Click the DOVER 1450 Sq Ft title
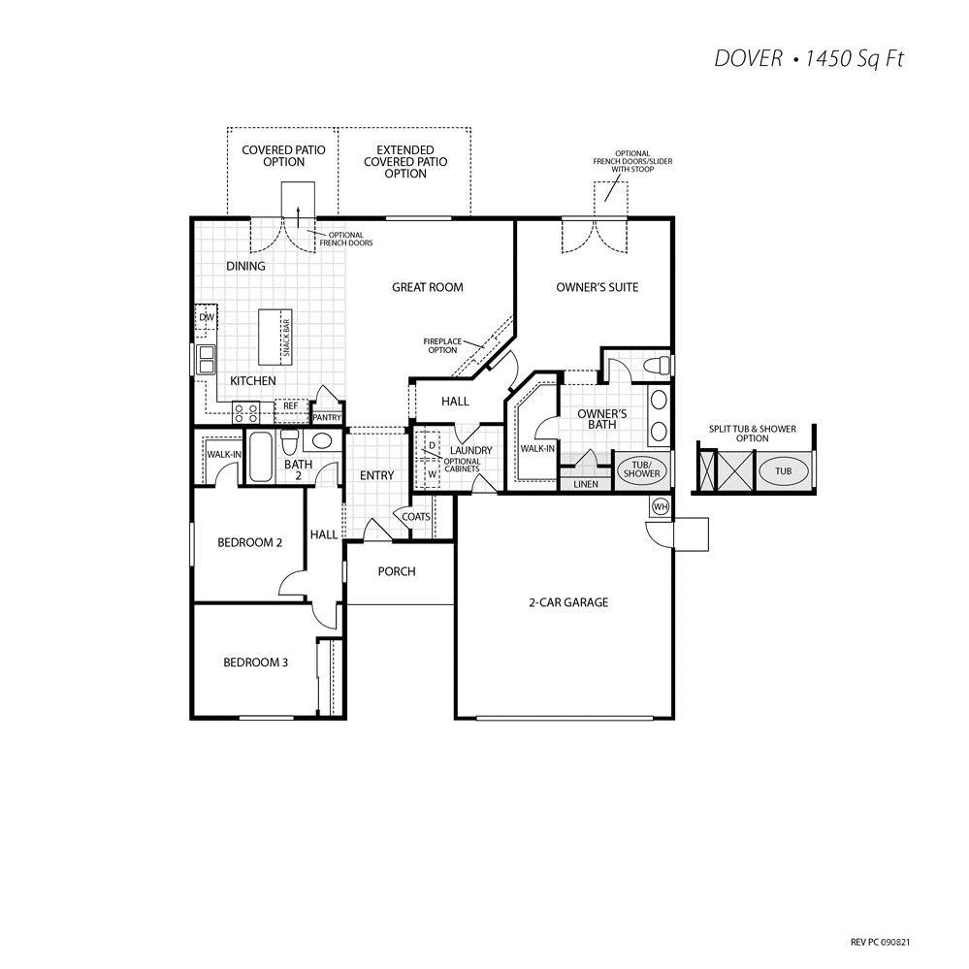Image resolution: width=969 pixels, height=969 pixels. point(809,59)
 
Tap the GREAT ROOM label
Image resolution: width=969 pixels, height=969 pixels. point(427,287)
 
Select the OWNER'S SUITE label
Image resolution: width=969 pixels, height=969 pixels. point(597,287)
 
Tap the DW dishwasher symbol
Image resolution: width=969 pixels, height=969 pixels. point(207,317)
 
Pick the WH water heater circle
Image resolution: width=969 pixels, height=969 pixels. point(661,506)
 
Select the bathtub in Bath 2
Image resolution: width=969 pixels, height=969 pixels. point(261,457)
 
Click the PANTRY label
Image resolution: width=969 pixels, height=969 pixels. point(326,418)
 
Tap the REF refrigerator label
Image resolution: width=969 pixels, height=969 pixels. point(290,406)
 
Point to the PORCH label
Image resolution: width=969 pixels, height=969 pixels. point(397,571)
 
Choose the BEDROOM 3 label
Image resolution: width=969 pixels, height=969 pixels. point(254,662)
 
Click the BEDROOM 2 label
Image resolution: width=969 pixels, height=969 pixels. point(249,542)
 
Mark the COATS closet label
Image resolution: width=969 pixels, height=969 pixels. point(416,517)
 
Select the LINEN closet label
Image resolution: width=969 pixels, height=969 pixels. point(586,483)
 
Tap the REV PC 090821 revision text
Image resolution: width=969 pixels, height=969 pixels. point(880,941)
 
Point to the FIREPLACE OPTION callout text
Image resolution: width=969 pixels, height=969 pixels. point(441,345)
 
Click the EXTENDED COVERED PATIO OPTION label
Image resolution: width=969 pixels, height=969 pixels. point(405,162)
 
